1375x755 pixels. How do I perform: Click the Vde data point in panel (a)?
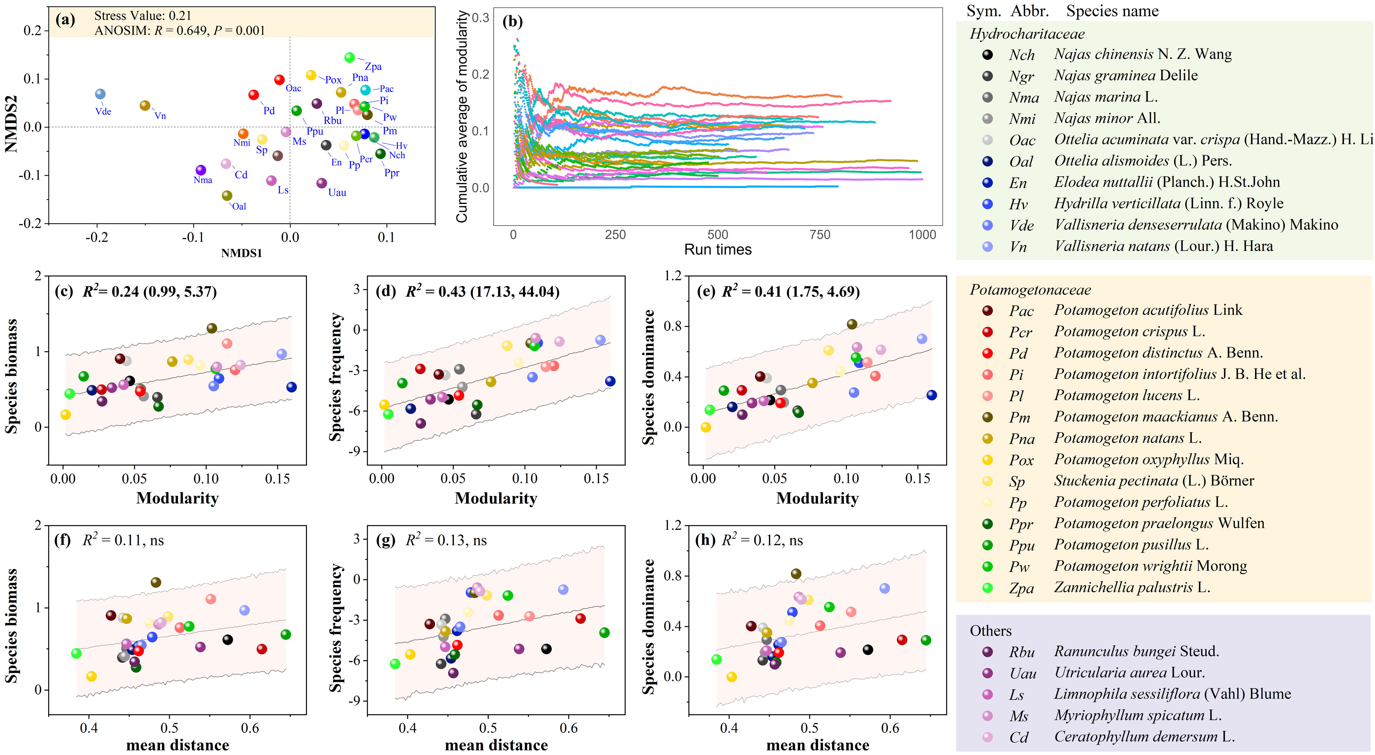100,94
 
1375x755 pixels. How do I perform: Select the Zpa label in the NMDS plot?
373,67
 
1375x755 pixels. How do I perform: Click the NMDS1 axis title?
241,253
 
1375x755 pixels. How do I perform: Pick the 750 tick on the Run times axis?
819,235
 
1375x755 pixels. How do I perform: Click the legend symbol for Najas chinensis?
988,54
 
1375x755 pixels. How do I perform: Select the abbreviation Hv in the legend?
1018,204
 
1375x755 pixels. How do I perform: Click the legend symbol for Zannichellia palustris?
988,588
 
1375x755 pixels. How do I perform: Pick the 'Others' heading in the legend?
990,631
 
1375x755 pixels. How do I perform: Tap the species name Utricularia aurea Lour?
1129,673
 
